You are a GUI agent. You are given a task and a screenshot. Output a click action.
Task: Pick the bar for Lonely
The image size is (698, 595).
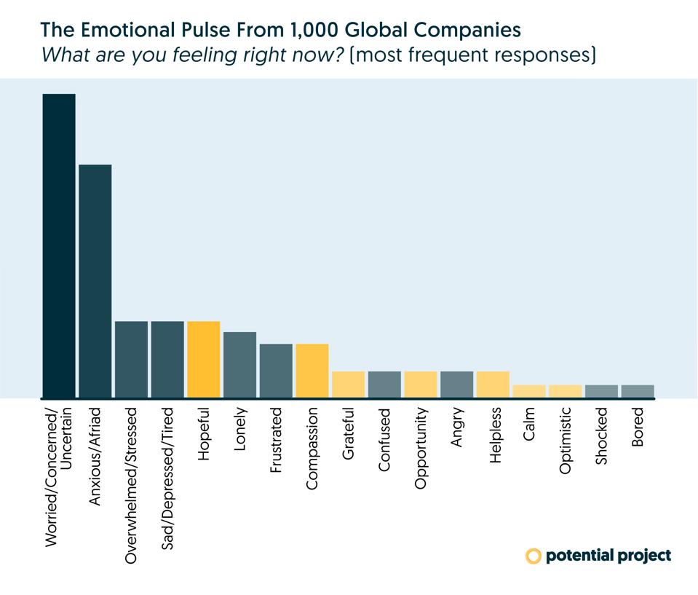coord(239,365)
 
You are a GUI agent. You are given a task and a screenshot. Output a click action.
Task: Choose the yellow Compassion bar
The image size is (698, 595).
coord(312,371)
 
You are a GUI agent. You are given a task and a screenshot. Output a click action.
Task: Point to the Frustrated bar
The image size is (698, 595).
coord(276,371)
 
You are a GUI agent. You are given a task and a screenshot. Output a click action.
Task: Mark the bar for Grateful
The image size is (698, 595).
coord(348,385)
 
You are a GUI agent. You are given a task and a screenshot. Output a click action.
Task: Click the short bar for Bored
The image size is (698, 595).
coord(638,391)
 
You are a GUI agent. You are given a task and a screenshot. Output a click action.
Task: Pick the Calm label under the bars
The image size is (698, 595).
coord(529,427)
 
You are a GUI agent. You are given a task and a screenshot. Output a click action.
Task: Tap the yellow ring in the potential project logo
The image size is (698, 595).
coord(534,556)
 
